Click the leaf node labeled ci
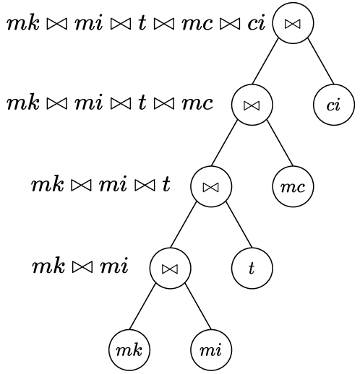333,105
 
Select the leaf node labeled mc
293,186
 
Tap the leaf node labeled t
252,268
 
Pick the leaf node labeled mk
129,350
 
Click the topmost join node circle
293,23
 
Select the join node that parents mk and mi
170,268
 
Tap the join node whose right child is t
210,186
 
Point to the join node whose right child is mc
252,105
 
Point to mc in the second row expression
197,103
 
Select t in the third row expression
166,185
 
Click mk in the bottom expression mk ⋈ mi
46,267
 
